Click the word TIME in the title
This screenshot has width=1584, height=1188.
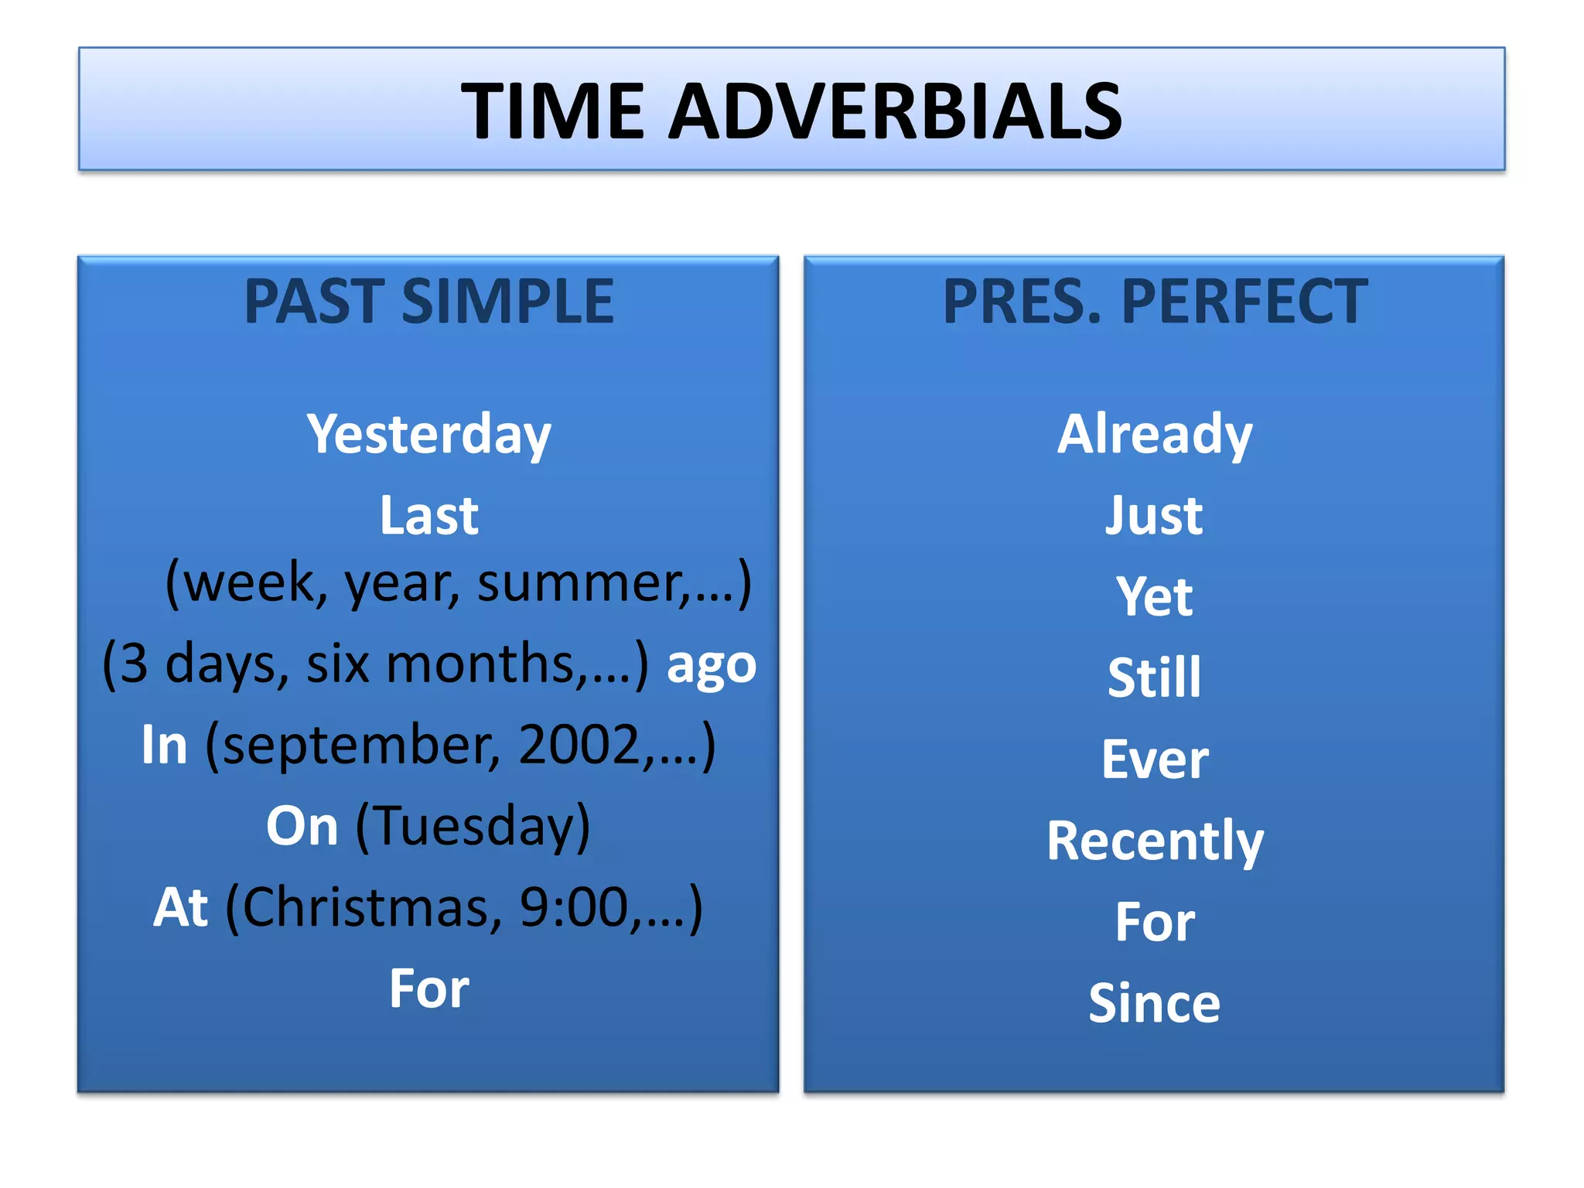pyautogui.click(x=552, y=111)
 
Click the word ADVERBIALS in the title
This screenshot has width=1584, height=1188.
pyautogui.click(x=895, y=111)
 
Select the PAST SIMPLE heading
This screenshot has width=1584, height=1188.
pyautogui.click(x=429, y=301)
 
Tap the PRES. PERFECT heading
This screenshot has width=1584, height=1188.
pyautogui.click(x=1155, y=301)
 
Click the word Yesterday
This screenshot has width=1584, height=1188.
pyautogui.click(x=429, y=435)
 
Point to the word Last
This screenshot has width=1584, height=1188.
pyautogui.click(x=429, y=516)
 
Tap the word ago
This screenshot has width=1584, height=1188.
pyautogui.click(x=712, y=664)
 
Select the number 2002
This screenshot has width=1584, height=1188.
pyautogui.click(x=579, y=746)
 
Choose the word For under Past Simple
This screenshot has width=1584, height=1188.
pyautogui.click(x=429, y=989)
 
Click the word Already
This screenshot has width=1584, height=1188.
pyautogui.click(x=1155, y=435)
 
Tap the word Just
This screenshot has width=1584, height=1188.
pyautogui.click(x=1155, y=516)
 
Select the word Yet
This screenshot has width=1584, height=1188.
pyautogui.click(x=1155, y=597)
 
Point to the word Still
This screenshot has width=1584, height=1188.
pyautogui.click(x=1155, y=678)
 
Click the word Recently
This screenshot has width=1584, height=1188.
pyautogui.click(x=1155, y=841)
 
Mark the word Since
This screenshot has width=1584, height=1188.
pyautogui.click(x=1155, y=1004)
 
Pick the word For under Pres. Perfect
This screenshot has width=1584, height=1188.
pyautogui.click(x=1155, y=923)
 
